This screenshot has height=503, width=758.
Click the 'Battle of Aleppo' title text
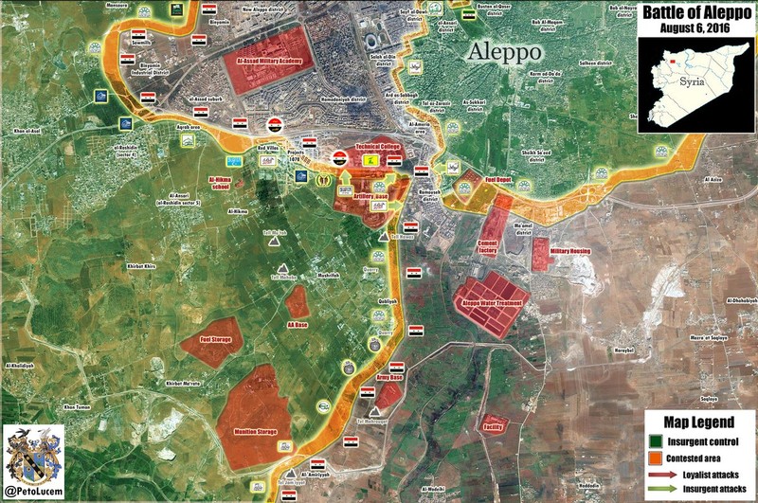(697, 13)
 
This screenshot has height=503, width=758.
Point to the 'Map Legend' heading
(699, 422)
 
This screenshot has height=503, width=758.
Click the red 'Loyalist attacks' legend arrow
(660, 472)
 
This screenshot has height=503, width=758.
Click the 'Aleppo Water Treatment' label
(493, 303)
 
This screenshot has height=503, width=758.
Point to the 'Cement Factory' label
(489, 247)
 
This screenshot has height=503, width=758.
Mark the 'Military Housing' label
(568, 250)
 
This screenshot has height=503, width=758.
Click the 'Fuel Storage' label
(216, 338)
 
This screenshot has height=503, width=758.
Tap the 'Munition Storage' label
(254, 432)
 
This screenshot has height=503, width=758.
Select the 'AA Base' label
(297, 325)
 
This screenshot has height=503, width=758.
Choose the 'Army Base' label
(389, 378)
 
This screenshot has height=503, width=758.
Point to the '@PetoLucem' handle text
(34, 491)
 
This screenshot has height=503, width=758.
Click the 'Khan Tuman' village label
(76, 407)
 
